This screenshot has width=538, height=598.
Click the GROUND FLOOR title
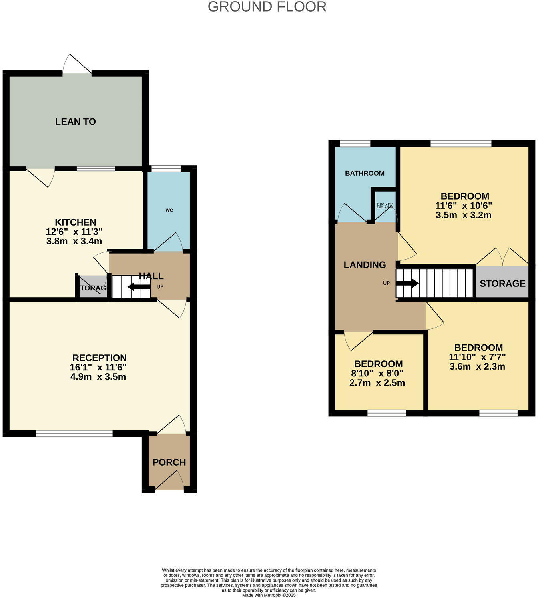(x=267, y=7)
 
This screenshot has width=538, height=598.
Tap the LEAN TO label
(x=75, y=122)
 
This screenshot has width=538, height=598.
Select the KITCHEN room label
(x=75, y=222)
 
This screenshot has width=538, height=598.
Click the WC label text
(x=169, y=210)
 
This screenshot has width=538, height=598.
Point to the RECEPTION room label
(x=99, y=358)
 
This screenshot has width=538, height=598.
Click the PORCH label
(x=169, y=462)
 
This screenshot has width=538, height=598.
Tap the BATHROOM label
(x=365, y=173)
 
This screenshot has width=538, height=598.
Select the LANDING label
(x=365, y=265)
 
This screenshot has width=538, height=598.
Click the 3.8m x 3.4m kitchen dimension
(x=74, y=241)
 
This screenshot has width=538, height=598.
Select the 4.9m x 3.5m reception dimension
(x=98, y=377)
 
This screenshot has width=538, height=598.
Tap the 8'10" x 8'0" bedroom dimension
(x=378, y=374)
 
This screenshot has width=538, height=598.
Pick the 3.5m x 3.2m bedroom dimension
(x=464, y=215)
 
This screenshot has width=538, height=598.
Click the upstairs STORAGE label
(x=502, y=284)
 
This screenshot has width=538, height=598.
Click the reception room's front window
(x=74, y=433)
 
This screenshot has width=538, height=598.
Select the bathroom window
(x=355, y=144)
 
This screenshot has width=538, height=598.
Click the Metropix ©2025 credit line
(x=269, y=595)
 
